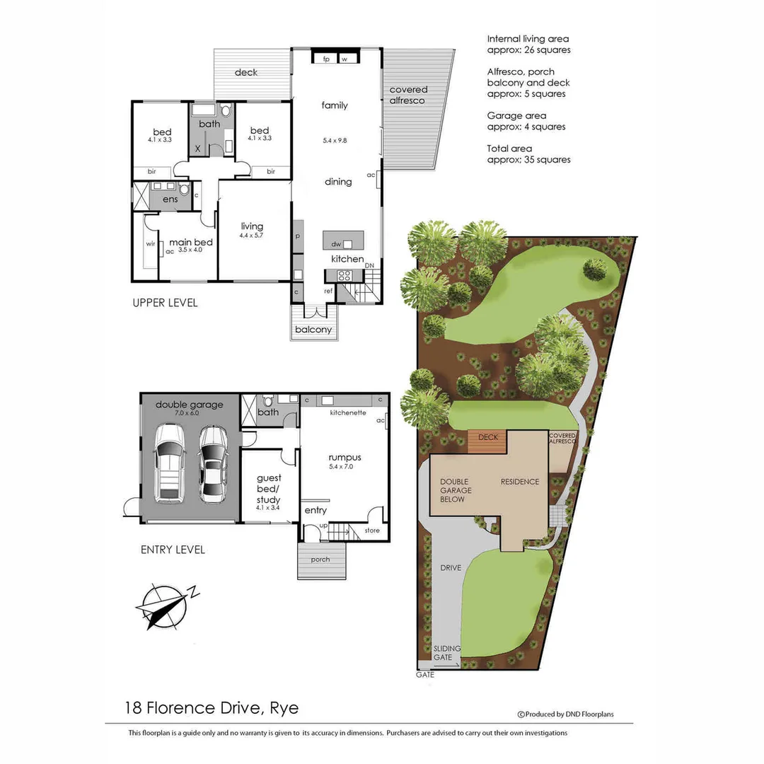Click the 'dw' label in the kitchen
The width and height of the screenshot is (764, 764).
336,244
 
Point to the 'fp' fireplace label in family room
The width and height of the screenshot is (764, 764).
327,59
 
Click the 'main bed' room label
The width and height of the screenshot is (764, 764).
191,242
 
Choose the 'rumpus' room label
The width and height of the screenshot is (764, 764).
345,457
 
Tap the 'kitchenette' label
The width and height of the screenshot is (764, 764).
348,412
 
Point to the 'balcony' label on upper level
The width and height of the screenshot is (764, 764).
314,330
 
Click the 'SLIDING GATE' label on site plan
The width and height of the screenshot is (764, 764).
446,653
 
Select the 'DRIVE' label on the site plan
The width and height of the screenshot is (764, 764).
451,567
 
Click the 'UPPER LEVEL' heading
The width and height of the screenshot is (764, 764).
165,303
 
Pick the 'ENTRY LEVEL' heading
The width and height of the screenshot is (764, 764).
173,550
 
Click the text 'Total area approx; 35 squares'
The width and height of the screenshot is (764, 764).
528,154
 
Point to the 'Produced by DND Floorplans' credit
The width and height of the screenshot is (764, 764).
566,714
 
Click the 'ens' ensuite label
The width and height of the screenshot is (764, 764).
170,199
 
